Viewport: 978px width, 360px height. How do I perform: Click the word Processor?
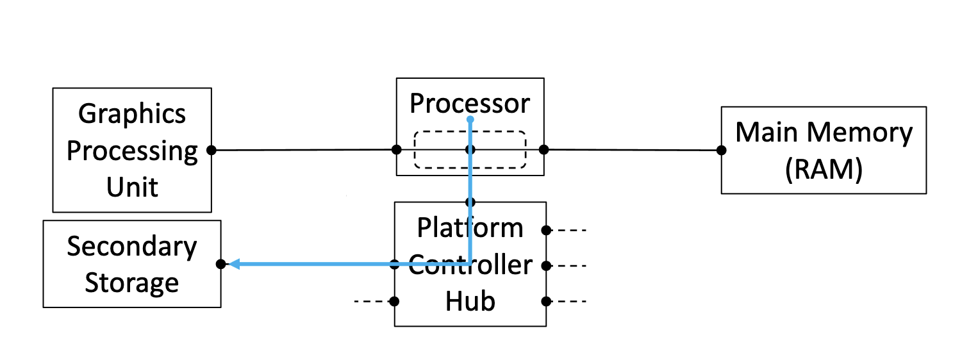470,103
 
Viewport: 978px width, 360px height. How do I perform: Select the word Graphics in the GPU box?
132,114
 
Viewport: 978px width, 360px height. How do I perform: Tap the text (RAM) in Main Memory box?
824,170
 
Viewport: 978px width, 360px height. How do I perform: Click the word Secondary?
132,247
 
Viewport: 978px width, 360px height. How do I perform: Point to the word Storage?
132,282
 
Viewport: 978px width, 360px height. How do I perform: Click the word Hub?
470,301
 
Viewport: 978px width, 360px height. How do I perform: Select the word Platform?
470,227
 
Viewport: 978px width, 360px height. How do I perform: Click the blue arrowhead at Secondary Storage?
234,264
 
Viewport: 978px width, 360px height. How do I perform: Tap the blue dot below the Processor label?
470,120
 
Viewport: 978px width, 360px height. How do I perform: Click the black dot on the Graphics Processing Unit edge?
211,150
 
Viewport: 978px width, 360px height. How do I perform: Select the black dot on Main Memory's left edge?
721,151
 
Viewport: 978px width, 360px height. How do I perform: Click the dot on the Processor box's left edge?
397,150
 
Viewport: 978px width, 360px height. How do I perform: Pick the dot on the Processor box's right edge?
543,150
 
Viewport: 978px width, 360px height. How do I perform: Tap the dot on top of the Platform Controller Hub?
470,202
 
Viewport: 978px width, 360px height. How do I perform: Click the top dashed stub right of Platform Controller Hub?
570,230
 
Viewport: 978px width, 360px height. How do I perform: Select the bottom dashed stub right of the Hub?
570,301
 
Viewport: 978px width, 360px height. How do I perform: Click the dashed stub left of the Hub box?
370,301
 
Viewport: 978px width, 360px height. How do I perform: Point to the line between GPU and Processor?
304,150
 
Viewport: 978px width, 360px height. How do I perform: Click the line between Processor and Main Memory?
631,151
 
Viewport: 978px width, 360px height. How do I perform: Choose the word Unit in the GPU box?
132,188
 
